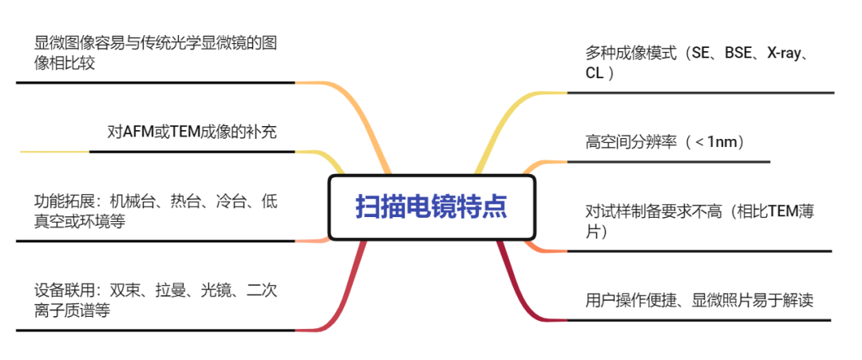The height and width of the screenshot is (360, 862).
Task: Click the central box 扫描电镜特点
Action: coord(431,208)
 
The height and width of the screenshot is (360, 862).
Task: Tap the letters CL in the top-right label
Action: coord(594,73)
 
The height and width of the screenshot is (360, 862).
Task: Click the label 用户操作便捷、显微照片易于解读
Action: coord(698,300)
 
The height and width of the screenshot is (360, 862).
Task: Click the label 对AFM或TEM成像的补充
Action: coord(192,132)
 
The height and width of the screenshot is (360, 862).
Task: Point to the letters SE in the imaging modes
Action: coord(700,54)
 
